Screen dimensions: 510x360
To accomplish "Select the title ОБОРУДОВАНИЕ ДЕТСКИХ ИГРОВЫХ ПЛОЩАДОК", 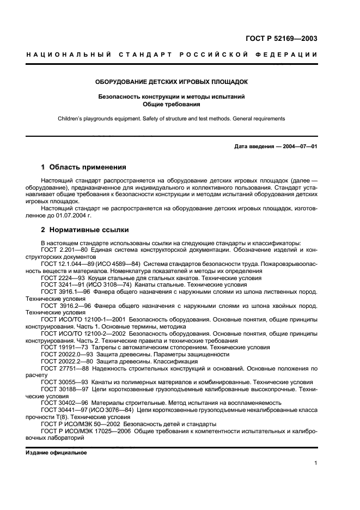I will click(x=172, y=82).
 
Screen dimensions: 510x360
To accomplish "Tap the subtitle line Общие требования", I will click(x=172, y=104).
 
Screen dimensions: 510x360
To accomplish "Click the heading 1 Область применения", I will click(x=84, y=167).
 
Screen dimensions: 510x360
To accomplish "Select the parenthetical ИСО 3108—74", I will click(x=113, y=284).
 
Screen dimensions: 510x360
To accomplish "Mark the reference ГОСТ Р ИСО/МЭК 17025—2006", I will click(x=86, y=431).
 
